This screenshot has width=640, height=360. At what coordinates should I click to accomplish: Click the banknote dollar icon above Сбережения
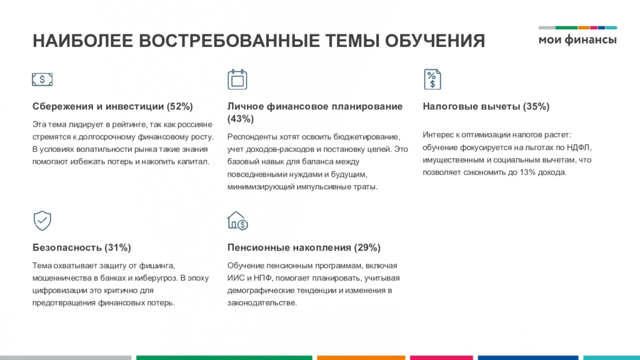[x=42, y=79]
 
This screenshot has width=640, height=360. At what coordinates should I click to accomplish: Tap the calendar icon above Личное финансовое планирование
[x=237, y=79]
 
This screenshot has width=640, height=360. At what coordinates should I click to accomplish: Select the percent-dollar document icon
[x=432, y=79]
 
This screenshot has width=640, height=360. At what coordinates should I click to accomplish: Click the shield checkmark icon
[x=42, y=221]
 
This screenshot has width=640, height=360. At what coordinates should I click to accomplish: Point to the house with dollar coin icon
[x=237, y=221]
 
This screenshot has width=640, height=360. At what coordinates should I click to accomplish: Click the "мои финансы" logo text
[x=577, y=39]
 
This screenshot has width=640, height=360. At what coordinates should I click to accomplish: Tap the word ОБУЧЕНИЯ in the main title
[x=435, y=41]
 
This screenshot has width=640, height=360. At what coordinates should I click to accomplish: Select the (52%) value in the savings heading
[x=179, y=106]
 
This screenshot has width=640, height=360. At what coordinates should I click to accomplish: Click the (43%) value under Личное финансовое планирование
[x=241, y=119]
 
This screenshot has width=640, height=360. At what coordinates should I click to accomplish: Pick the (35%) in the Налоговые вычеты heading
[x=536, y=106]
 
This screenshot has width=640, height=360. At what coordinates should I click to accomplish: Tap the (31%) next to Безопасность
[x=117, y=247]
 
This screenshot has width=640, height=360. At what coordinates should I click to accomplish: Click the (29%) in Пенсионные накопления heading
[x=367, y=247]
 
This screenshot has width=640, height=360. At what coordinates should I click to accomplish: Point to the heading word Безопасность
[x=67, y=247]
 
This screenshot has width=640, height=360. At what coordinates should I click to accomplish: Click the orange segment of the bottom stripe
[x=361, y=357]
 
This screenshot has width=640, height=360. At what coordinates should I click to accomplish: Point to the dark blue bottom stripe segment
[x=528, y=357]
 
